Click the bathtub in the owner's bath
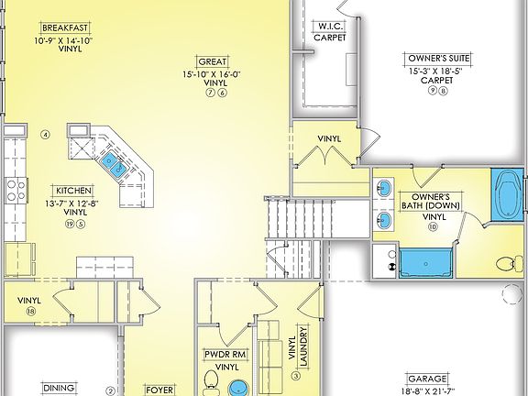[505, 194]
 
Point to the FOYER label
[161, 389]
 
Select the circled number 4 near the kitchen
[44, 136]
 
